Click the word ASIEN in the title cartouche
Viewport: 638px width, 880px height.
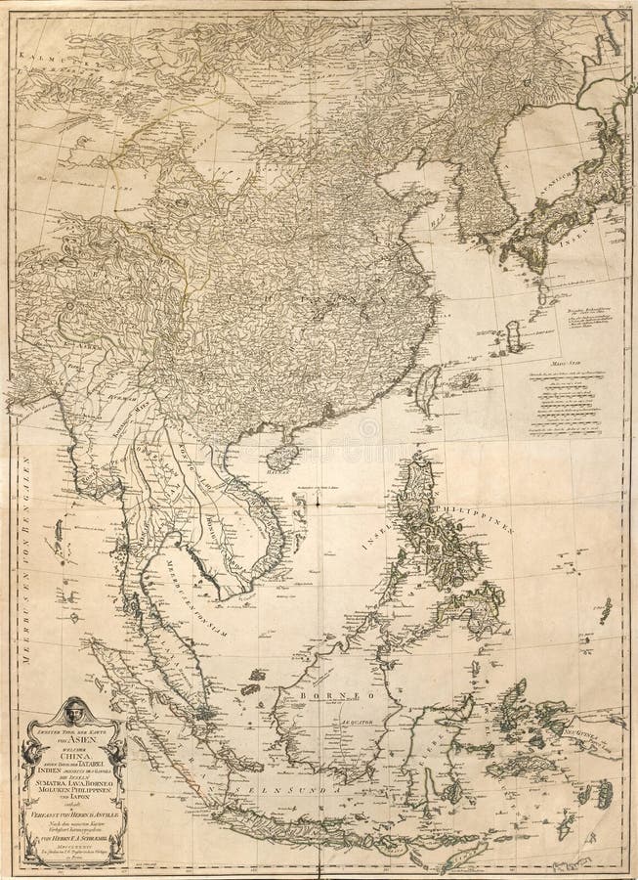[76, 722]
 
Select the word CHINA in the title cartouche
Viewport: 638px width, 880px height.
[76, 740]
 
